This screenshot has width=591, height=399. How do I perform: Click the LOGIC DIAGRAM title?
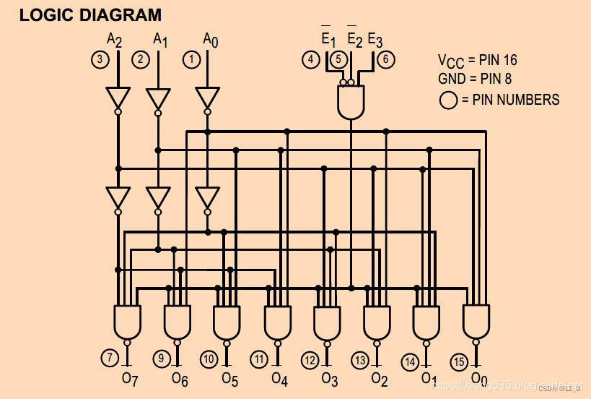coord(90,14)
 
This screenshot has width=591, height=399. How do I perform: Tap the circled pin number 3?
coord(99,59)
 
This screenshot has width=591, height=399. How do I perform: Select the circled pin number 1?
coord(191,59)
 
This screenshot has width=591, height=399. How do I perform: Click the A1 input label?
coord(160,40)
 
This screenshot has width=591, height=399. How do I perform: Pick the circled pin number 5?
coord(337,59)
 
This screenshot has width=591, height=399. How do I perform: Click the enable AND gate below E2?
coord(351,101)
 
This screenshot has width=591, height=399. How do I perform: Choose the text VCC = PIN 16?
coord(477,61)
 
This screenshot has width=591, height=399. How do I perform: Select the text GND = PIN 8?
coord(473,78)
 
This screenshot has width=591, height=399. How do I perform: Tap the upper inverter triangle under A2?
coord(118,97)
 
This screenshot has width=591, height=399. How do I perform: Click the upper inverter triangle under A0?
coord(207,97)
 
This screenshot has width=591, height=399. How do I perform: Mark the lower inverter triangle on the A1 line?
coord(158,197)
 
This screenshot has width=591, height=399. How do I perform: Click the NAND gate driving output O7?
coord(127,322)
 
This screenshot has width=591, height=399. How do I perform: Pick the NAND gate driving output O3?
coord(326,323)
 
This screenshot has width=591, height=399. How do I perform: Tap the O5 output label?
coord(230,377)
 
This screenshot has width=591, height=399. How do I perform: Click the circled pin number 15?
coord(459,361)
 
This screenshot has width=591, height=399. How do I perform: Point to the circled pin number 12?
coord(310,360)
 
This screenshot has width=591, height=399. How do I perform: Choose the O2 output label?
coord(380,377)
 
